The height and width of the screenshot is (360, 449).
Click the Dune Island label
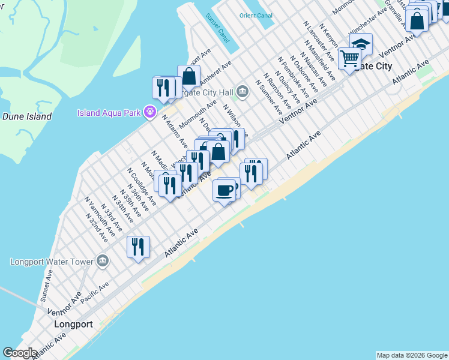pos(27,116)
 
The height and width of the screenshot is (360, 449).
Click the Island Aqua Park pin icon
pos(150,113)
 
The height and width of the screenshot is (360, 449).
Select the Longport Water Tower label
pos(52,262)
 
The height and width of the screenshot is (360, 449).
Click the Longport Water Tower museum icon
pos(103,262)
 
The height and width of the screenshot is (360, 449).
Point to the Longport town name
pos(73,324)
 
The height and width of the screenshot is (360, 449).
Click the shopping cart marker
pos(349,59)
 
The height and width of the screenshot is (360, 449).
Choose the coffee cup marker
pos(224,191)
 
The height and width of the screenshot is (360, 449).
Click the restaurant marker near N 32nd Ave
pos(138,247)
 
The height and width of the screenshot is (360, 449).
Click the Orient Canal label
pos(256,16)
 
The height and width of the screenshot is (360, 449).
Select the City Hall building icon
pos(243,92)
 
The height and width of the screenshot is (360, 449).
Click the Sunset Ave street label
pos(46,284)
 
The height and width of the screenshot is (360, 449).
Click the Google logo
pos(20,353)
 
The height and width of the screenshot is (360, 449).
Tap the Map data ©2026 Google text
pos(412,355)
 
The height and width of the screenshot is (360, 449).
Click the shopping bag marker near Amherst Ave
pos(188,77)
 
